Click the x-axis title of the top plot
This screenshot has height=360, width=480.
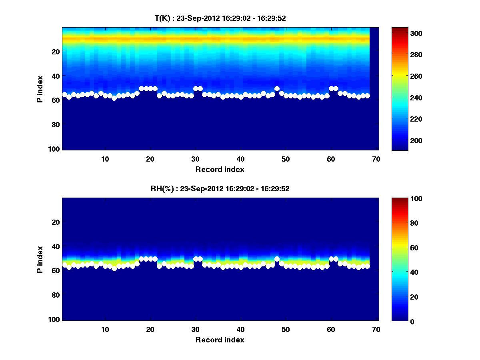pos(220,169)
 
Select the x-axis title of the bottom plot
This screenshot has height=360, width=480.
pos(220,340)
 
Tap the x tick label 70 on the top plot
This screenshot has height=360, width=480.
pos(375,159)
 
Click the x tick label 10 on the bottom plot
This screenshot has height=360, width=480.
pos(105,329)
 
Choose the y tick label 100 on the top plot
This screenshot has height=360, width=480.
pos(54,149)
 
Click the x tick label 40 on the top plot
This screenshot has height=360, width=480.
pos(240,159)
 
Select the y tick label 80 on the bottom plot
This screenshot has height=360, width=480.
pos(56,295)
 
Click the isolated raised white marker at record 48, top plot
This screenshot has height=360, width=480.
pos(277,89)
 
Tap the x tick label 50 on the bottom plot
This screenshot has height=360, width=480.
pos(286,329)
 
